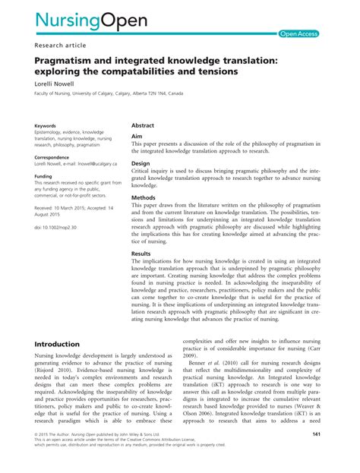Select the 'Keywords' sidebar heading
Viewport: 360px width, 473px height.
(45, 125)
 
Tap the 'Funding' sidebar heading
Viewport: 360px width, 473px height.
(43, 175)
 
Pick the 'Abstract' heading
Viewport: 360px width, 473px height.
(143, 125)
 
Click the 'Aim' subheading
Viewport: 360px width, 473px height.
(137, 136)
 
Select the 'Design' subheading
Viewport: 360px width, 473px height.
(141, 162)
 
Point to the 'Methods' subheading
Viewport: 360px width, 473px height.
(143, 196)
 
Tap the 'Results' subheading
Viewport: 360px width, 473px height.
(141, 253)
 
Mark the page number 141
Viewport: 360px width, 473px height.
(317, 454)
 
